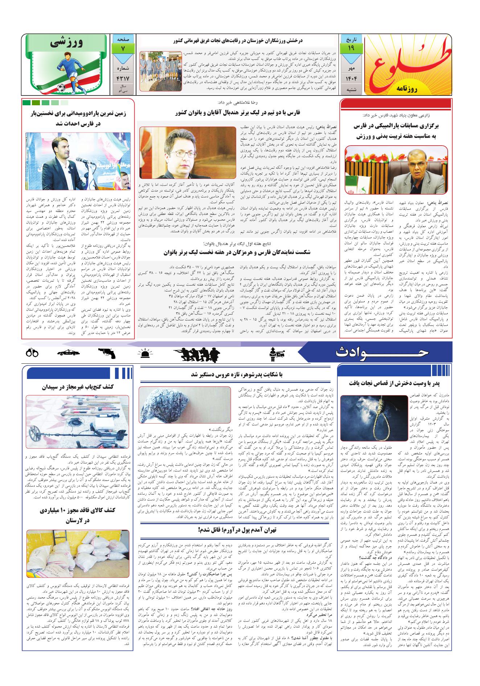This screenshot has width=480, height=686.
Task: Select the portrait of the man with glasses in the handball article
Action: click(188, 152)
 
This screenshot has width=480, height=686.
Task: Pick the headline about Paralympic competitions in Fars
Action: click(395, 131)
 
